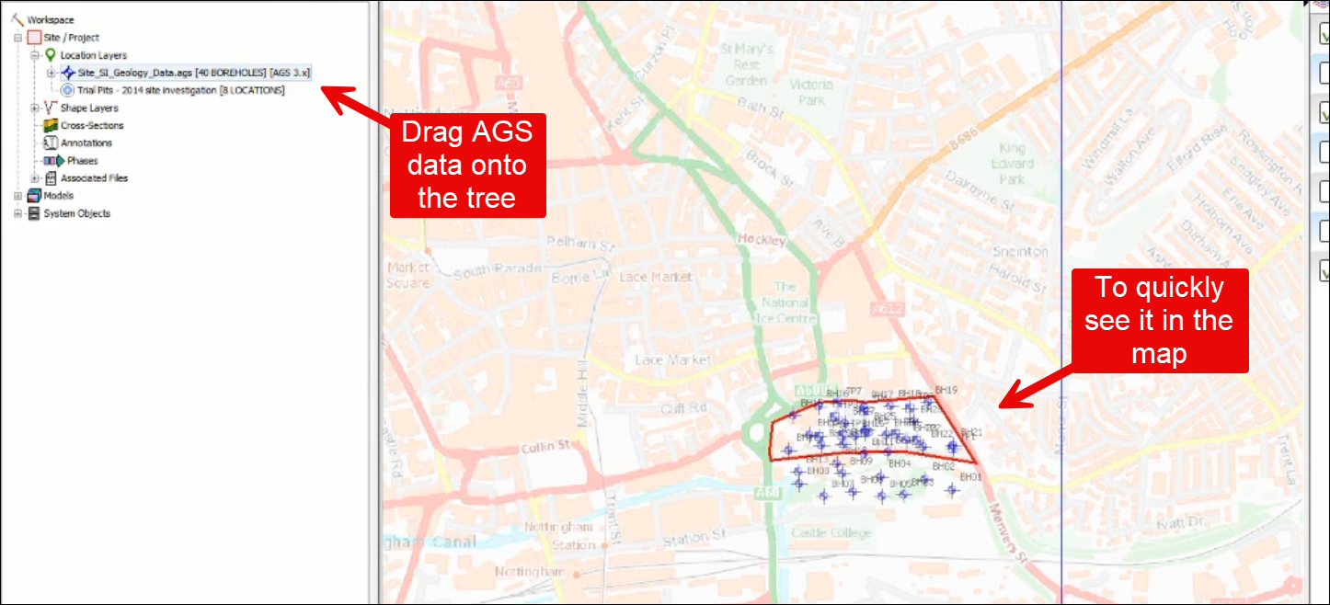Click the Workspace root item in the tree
50,19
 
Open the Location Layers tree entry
93,55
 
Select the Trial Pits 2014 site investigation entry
180,90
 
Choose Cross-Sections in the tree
91,125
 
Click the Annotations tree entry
86,143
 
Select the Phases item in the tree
81,160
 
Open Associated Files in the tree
94,177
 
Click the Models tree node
58,195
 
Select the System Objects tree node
76,212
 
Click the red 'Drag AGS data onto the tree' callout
467,166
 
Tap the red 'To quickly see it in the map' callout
1158,320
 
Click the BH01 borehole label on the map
971,477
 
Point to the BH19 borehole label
946,390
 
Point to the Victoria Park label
810,92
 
